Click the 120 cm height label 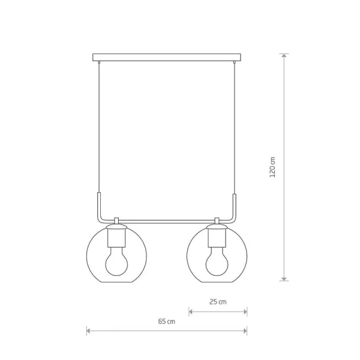point(272,167)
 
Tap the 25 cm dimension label point(218,302)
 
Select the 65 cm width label point(166,322)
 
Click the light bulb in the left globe point(116,261)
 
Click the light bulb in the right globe point(217,261)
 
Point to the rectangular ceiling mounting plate point(167,58)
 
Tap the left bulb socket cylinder point(116,238)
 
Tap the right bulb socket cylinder point(217,238)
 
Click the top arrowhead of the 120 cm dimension point(284,56)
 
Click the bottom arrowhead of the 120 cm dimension point(284,278)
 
